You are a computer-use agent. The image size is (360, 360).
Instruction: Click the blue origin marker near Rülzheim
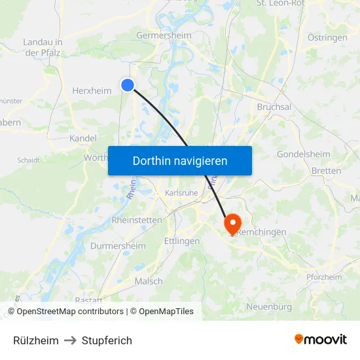tap(128, 84)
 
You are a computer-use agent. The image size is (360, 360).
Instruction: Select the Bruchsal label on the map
tap(274, 107)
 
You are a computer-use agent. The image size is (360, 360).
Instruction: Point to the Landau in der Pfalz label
tap(43, 47)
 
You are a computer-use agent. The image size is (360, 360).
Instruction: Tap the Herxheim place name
tap(92, 91)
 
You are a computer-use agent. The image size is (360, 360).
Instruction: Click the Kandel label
tap(83, 139)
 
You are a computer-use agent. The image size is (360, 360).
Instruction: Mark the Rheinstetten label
tap(137, 221)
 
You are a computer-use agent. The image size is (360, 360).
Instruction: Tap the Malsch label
tap(149, 281)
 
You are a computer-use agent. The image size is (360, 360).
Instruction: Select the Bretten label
tap(327, 171)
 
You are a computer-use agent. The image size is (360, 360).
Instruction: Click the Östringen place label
tap(327, 38)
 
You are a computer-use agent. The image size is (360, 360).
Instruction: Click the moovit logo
tap(320, 340)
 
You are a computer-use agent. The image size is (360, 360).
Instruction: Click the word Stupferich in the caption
tap(107, 340)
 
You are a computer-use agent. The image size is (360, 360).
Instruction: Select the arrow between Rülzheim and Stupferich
tap(70, 340)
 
